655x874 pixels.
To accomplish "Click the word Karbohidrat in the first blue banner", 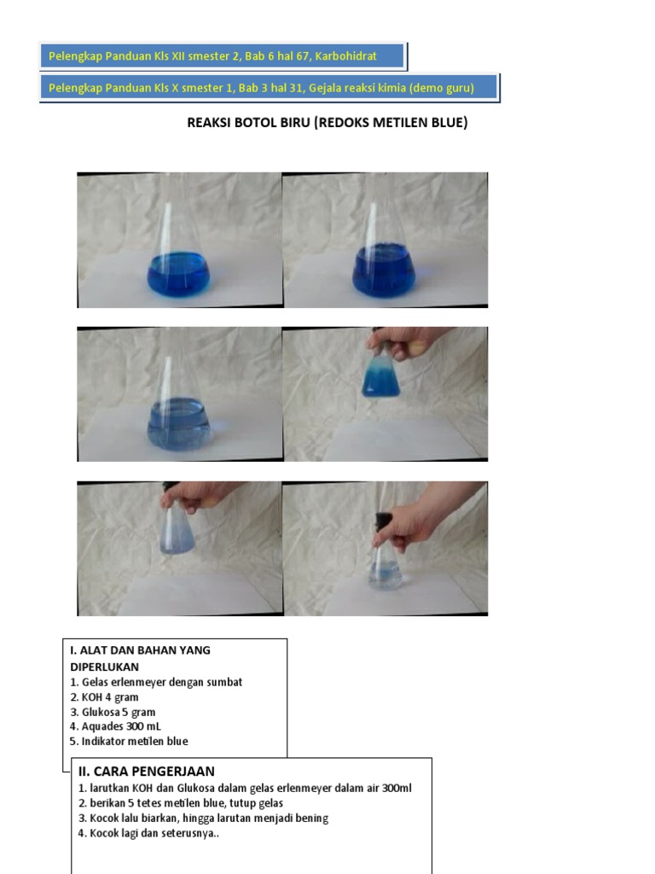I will click(345, 56).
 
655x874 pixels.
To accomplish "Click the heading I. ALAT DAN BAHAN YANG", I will click(140, 650).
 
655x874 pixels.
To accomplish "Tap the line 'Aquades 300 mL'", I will click(115, 726).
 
